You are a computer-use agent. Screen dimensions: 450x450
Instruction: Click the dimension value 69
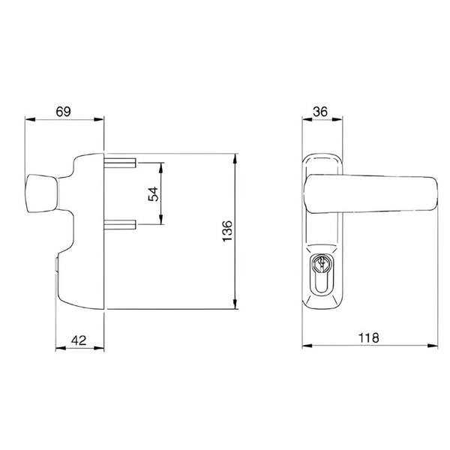64,111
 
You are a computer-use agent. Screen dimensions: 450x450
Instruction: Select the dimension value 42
79,340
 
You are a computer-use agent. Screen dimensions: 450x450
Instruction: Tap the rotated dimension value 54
153,194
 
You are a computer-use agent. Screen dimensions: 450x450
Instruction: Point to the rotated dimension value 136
227,231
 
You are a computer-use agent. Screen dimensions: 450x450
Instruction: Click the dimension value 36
320,112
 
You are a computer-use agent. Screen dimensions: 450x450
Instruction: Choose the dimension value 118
369,337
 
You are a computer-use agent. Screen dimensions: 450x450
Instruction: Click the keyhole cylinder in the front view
322,274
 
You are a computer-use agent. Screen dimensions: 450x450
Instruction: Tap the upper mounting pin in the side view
120,163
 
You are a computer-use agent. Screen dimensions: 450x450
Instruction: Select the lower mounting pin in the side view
120,225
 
